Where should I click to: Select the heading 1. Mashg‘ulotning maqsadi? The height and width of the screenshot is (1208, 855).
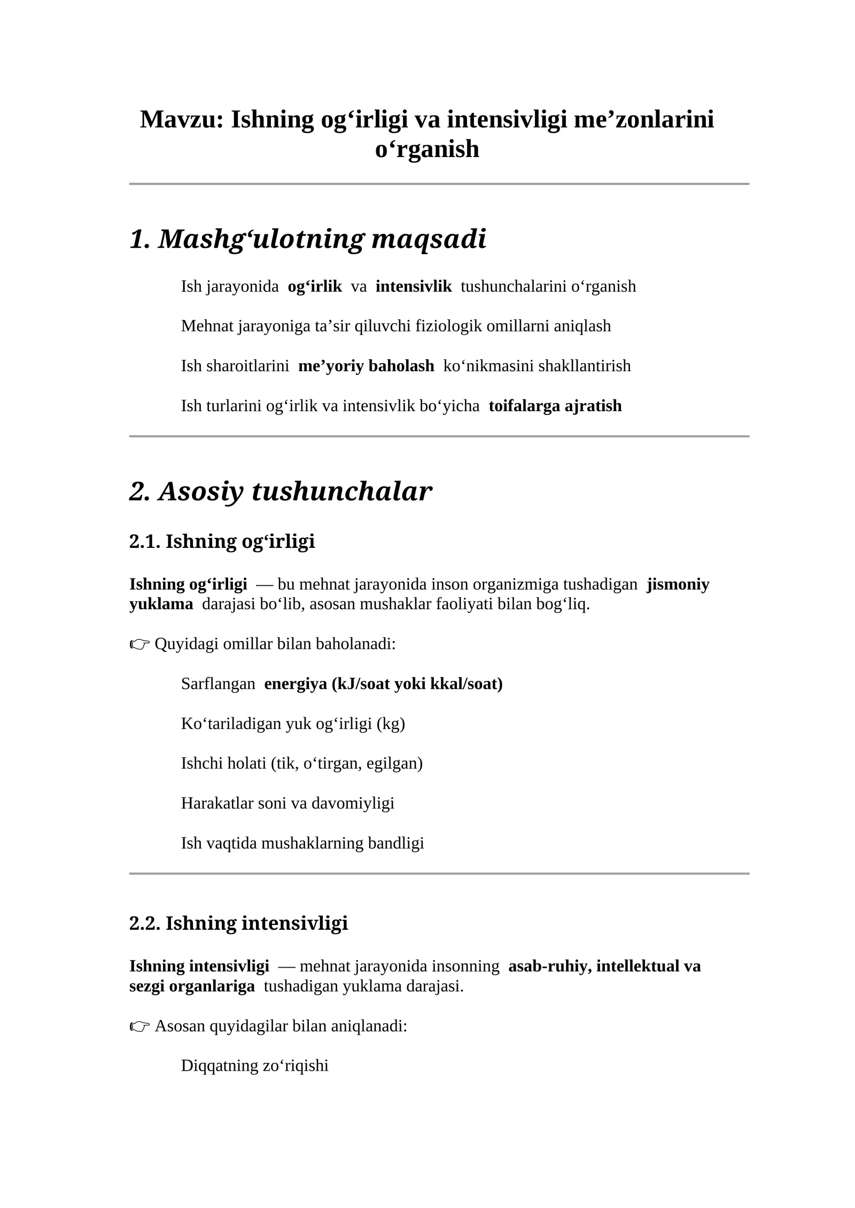[x=308, y=239]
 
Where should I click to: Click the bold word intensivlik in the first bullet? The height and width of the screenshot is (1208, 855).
[x=414, y=286]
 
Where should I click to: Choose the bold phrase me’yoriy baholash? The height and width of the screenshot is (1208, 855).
[x=366, y=366]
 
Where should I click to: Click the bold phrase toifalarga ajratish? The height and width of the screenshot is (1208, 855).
[x=555, y=406]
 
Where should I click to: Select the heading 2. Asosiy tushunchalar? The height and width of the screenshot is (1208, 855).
[x=281, y=491]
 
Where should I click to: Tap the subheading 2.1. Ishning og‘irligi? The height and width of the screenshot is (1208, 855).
[x=222, y=542]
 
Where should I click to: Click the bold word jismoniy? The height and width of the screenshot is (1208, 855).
[x=678, y=584]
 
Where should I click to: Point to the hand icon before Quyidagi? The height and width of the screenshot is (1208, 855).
[x=139, y=645]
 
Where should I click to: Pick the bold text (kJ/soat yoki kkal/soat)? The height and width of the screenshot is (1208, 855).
[x=417, y=684]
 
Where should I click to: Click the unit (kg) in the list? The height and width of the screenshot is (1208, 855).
[x=391, y=724]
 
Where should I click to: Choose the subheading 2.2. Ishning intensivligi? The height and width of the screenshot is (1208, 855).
[x=238, y=923]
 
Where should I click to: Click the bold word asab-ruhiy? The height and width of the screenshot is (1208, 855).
[x=550, y=966]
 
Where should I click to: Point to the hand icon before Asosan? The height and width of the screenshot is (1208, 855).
[x=139, y=1026]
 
